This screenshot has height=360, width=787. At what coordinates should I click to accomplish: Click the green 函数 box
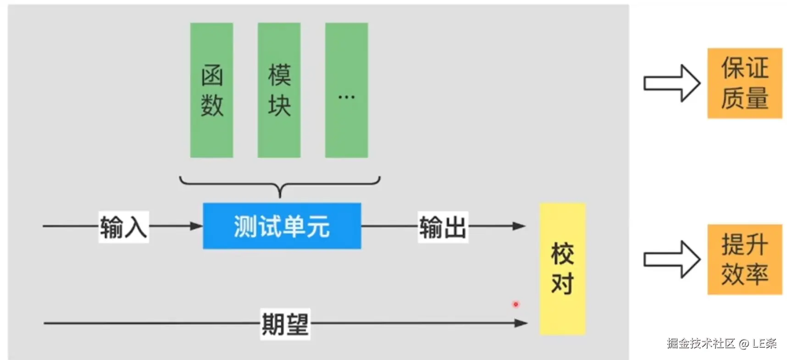(x=211, y=90)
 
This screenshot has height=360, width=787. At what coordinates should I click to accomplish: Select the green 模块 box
(x=279, y=90)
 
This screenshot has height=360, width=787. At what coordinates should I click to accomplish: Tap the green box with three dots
(x=346, y=90)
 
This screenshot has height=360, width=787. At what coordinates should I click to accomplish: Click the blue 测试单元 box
(x=282, y=226)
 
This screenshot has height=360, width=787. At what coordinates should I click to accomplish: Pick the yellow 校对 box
(x=562, y=269)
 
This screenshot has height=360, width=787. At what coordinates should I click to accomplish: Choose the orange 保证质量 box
(x=744, y=83)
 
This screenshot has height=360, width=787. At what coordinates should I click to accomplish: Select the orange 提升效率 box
(x=744, y=259)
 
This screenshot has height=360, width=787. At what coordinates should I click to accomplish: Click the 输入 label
(x=123, y=227)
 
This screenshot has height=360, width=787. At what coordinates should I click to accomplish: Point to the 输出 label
(x=443, y=227)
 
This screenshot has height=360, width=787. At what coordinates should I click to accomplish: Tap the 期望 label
(x=285, y=324)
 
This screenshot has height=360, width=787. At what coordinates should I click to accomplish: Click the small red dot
(x=516, y=304)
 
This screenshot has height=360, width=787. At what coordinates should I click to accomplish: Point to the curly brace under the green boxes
(x=280, y=186)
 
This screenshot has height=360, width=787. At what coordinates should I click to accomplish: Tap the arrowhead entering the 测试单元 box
(x=196, y=226)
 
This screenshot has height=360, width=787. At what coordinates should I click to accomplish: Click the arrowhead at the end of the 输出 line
(x=519, y=226)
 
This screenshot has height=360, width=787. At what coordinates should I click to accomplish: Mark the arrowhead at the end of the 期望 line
(x=521, y=323)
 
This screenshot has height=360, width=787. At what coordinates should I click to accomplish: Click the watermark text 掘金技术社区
(x=701, y=343)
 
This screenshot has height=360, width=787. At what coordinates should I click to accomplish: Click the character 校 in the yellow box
(x=562, y=254)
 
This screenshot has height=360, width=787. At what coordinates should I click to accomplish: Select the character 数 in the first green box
(x=212, y=105)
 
